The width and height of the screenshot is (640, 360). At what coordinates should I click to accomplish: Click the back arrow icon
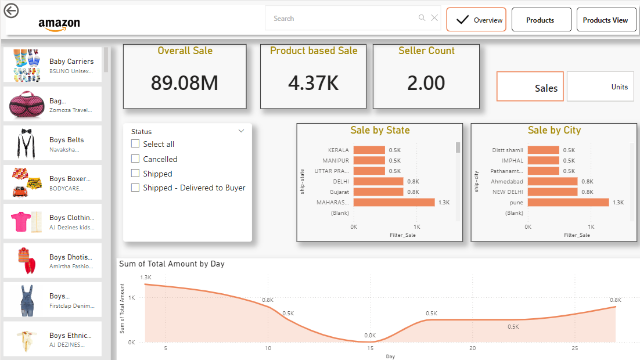point(11,10)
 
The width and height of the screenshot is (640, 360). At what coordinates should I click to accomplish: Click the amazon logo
point(59,24)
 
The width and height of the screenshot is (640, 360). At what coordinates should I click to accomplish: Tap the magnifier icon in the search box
point(422,18)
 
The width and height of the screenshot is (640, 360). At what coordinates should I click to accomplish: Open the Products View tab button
point(605,20)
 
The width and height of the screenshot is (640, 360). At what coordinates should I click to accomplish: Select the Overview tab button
point(476,20)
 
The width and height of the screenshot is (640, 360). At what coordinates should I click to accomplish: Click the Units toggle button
point(600,87)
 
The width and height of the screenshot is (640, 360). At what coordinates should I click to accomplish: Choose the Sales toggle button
point(530,87)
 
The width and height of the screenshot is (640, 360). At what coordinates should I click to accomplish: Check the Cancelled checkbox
point(135,159)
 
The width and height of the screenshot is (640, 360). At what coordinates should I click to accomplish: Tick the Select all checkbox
point(135,144)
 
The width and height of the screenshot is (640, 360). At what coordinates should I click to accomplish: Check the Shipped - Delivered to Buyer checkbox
point(135,188)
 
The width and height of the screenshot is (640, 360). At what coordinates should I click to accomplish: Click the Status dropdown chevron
point(242,131)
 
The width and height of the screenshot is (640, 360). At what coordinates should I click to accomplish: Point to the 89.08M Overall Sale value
point(185,83)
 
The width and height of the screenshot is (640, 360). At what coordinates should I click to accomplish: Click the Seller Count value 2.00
point(426,83)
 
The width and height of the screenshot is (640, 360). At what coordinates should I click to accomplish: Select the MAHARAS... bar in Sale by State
point(394,203)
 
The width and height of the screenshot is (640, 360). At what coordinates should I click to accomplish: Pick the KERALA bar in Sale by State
point(369,150)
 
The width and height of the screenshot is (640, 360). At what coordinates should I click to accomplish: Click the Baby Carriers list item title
point(71,61)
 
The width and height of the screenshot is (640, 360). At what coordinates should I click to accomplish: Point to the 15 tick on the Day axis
point(370,348)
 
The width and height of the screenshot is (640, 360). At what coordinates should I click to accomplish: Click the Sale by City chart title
point(554,131)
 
